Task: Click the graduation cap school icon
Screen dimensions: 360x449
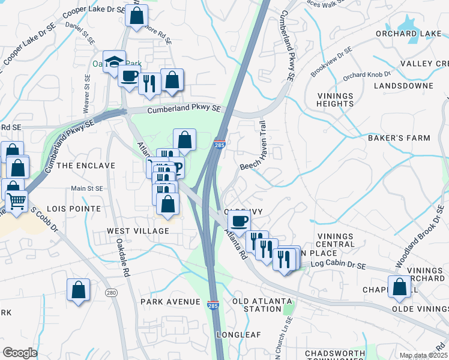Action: pyautogui.click(x=113, y=62)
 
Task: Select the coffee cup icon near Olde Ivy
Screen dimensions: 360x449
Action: pyautogui.click(x=239, y=221)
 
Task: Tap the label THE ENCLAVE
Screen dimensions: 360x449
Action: pyautogui.click(x=86, y=166)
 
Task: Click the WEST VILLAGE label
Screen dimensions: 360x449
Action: pyautogui.click(x=138, y=231)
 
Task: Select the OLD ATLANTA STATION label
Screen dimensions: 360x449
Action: pyautogui.click(x=262, y=305)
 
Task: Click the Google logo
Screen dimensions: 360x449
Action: pyautogui.click(x=20, y=353)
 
